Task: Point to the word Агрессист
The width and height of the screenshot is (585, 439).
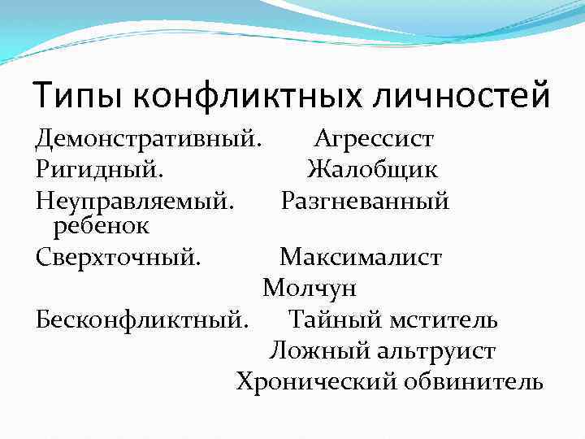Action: click(375, 139)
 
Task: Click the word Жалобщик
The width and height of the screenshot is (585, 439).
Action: click(373, 170)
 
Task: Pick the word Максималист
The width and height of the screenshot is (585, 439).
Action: click(361, 258)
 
